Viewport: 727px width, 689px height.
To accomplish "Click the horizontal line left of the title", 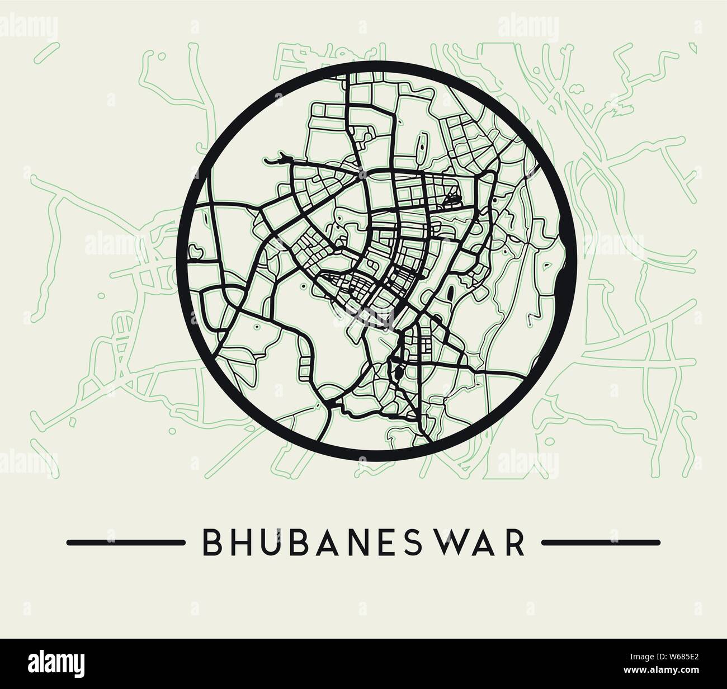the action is click(126, 542).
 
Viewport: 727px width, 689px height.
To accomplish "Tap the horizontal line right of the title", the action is click(601, 542).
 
